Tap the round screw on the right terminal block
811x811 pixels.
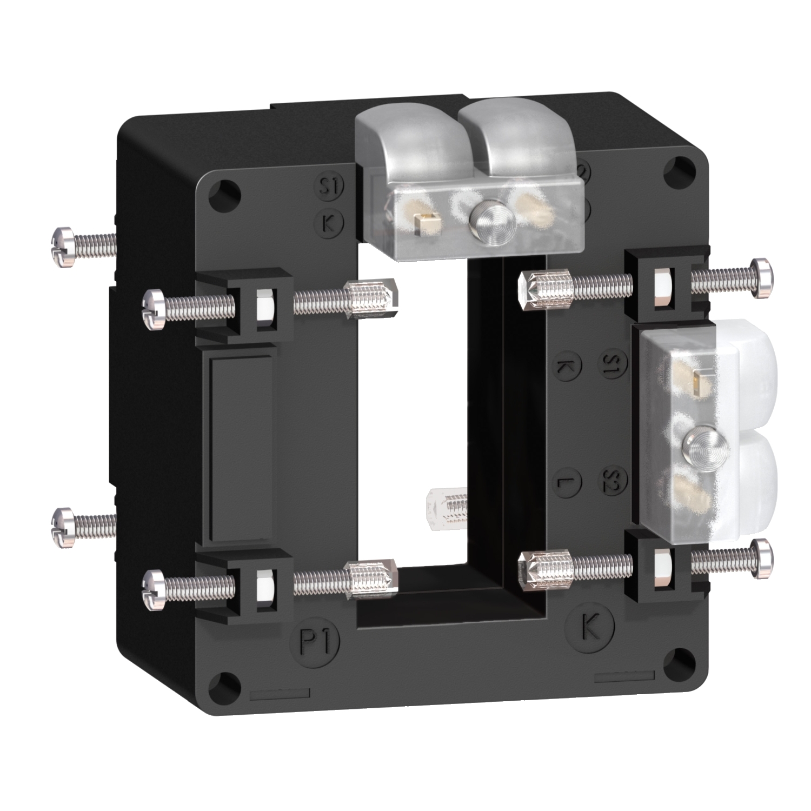coord(694,444)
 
